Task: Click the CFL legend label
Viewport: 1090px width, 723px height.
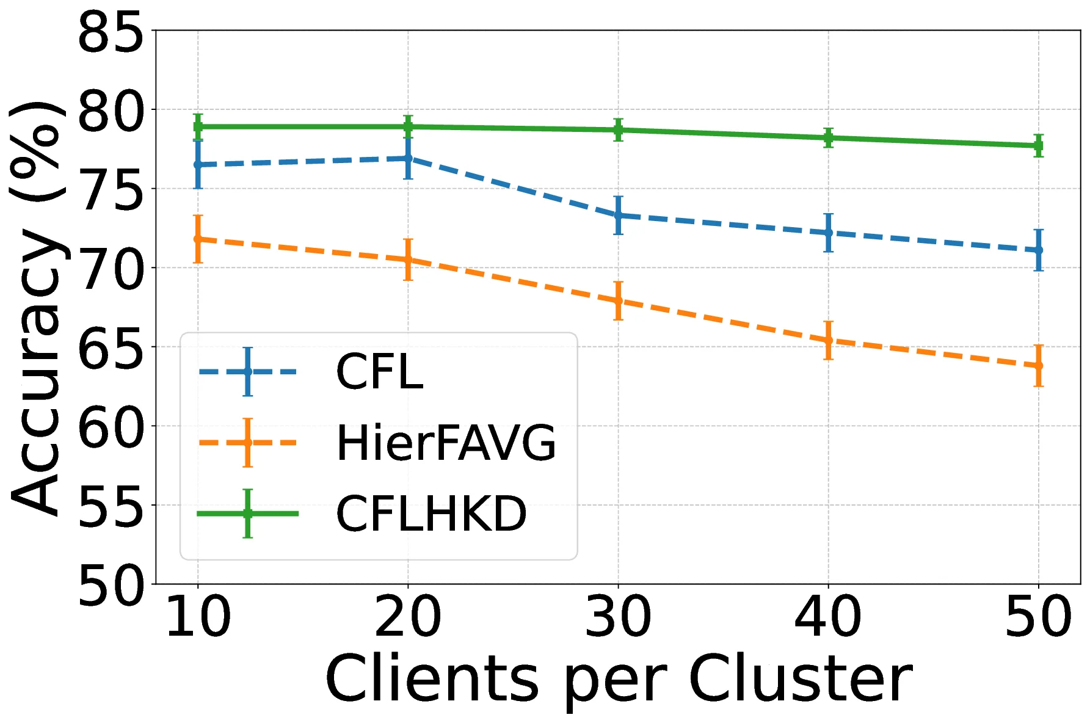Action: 379,372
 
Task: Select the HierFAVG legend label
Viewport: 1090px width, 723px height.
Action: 446,443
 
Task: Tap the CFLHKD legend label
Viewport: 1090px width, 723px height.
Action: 431,514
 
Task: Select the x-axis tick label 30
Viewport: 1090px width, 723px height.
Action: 618,618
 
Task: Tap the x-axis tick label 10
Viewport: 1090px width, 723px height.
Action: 198,618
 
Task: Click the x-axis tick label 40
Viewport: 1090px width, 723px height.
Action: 828,618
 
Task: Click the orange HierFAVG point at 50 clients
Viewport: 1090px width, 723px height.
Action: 1039,366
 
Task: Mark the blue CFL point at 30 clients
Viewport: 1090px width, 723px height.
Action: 618,216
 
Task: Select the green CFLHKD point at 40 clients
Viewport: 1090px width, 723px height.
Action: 828,138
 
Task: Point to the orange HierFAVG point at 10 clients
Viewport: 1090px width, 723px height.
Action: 198,239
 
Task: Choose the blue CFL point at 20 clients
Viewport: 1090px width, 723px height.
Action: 408,159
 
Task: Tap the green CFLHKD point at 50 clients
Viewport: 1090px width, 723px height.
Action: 1039,146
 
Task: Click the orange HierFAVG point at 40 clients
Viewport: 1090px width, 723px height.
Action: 828,340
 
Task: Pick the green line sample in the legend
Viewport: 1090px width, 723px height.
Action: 247,514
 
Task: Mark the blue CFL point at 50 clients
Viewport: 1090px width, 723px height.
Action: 1039,250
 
